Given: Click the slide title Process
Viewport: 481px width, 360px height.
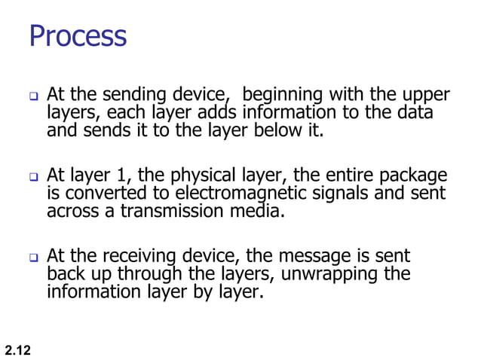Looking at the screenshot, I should [78, 35].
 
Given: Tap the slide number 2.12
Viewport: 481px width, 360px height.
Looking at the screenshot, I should [17, 350].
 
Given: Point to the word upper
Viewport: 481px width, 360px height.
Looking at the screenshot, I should [425, 96].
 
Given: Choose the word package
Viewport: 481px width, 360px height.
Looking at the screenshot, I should [411, 177].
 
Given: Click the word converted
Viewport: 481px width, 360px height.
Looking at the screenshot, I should [104, 194].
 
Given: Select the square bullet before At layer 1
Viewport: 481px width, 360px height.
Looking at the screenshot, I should [33, 178].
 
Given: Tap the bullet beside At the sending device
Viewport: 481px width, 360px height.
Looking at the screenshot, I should [33, 97].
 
